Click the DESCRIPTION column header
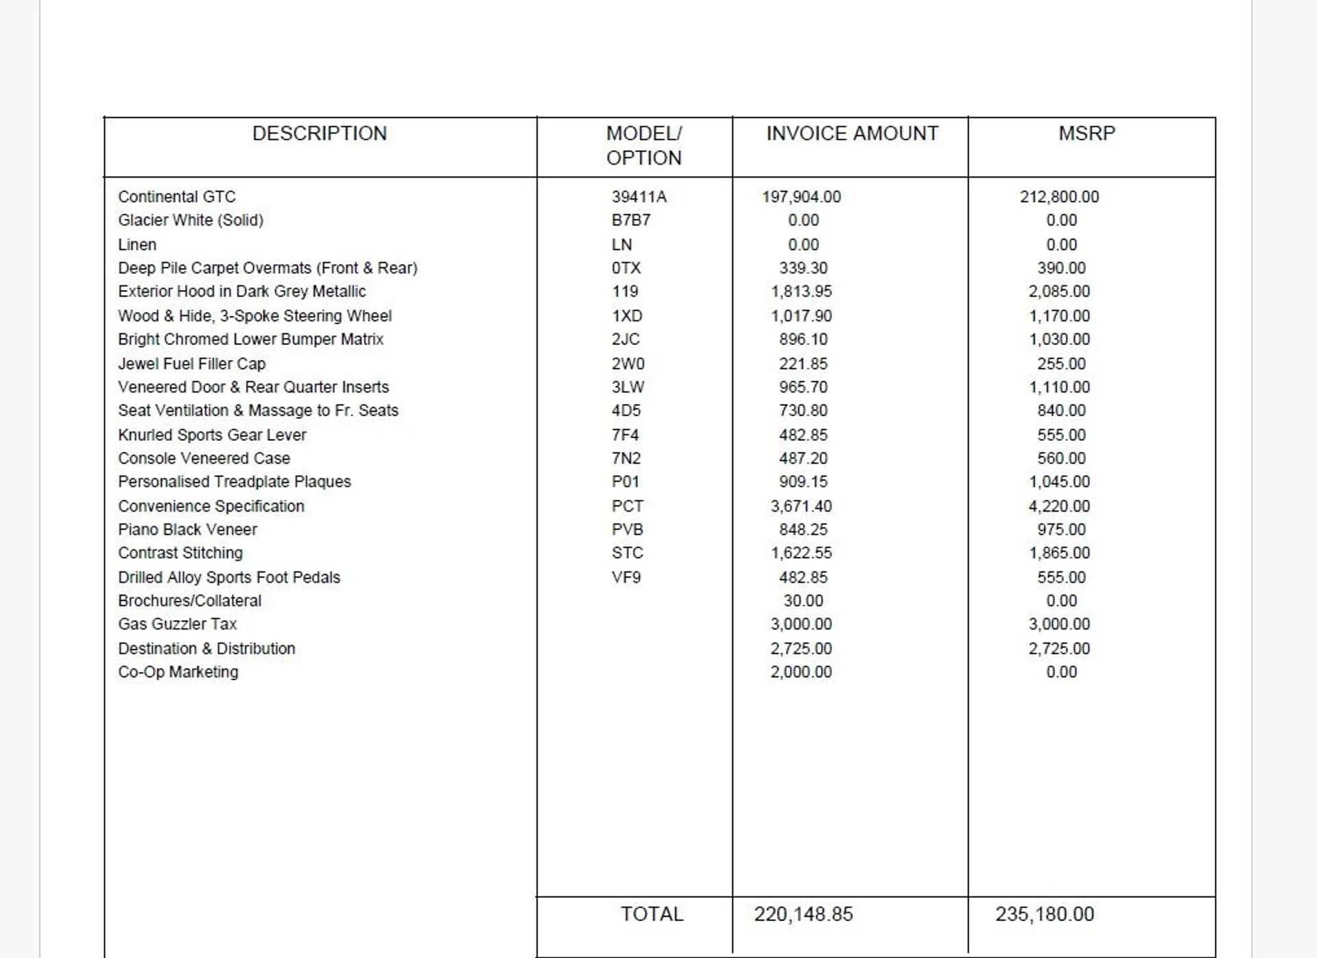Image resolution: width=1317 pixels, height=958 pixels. [320, 133]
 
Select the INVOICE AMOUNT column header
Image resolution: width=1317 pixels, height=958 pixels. [852, 133]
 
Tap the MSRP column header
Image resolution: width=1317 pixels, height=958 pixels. [1087, 133]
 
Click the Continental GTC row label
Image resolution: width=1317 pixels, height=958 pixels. [177, 197]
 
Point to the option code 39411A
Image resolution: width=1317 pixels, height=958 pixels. [639, 197]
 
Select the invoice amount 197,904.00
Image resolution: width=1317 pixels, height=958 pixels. [801, 197]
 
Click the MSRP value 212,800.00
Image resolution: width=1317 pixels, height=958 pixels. [1059, 197]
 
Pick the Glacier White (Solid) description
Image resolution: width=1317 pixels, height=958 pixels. [191, 220]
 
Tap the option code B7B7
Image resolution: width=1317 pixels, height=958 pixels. [631, 220]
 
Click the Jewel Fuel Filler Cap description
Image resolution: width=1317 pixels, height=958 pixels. [192, 363]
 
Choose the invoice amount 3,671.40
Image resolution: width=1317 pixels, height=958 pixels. [801, 506]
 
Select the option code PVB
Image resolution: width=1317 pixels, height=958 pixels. [628, 529]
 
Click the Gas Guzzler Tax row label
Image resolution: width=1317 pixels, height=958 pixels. [177, 624]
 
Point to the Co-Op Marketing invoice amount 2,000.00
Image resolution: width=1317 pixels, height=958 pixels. [801, 672]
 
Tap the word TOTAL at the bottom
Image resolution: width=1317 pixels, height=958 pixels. [652, 914]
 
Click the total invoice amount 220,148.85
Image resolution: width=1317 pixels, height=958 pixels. [803, 914]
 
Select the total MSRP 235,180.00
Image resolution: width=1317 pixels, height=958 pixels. [1045, 914]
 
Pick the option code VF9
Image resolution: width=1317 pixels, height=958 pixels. [626, 577]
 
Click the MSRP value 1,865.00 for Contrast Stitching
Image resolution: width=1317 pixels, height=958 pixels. [1059, 553]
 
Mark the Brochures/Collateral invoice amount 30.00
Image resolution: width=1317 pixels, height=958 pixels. [803, 601]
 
